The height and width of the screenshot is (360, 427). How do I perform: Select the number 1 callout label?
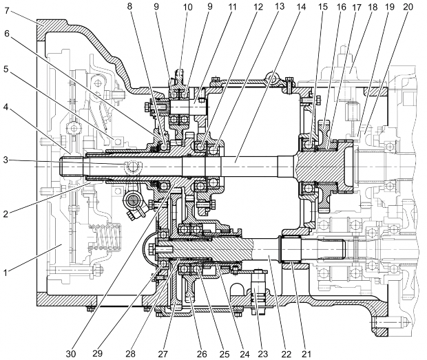(x=6, y=272)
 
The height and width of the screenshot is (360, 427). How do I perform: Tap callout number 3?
(x=6, y=160)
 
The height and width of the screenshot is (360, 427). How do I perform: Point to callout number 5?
(x=6, y=69)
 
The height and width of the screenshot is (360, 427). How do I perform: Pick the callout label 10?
(x=187, y=7)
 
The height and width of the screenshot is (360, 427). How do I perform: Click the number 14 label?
(x=301, y=7)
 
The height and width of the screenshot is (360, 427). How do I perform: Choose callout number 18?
(x=373, y=7)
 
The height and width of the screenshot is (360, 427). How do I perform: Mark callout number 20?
(x=408, y=7)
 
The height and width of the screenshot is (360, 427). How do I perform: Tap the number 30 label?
(x=71, y=354)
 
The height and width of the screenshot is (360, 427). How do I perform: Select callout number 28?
(x=131, y=354)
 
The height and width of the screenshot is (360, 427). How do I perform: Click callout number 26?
(x=202, y=354)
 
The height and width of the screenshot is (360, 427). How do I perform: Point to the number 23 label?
(x=262, y=354)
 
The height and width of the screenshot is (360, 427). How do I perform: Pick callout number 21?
(x=306, y=354)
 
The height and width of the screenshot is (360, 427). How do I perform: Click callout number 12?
(x=258, y=7)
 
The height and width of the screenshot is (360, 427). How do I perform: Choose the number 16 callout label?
(x=341, y=7)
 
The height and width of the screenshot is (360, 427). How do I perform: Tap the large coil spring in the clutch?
(x=108, y=235)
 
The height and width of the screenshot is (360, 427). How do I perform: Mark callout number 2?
(x=6, y=214)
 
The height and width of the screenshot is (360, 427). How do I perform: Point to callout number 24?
(x=244, y=354)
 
